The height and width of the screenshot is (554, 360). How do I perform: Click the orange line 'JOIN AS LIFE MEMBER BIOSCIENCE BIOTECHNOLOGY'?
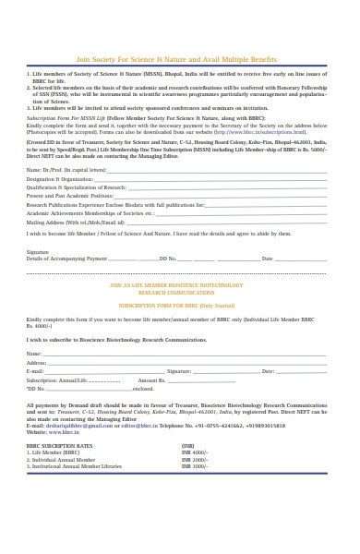(179, 286)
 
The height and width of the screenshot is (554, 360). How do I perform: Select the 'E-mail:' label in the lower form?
(35, 370)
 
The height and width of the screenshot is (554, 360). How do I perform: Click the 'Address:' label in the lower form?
(37, 362)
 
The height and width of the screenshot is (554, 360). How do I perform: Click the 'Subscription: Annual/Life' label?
(56, 379)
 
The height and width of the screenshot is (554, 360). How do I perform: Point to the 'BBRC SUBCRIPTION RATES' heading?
(59, 444)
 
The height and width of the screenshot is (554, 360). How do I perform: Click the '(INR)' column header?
(187, 444)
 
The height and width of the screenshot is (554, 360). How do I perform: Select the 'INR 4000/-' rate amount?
(195, 452)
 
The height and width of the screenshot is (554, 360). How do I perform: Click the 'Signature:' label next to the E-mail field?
(178, 370)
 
